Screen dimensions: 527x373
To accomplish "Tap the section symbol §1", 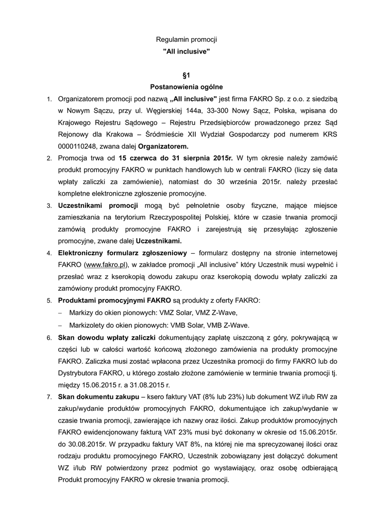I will coord(186,75).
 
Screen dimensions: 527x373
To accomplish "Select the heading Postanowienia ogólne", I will coord(186,87).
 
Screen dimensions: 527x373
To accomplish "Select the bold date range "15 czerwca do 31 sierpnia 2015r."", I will coord(175,158).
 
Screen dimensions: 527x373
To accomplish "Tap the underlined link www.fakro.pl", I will coord(106,265).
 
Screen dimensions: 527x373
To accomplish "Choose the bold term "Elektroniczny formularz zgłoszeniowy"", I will coord(123,253).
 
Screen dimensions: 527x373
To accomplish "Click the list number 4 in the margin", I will coord(49,253).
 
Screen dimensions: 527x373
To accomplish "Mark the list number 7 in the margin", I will coord(49,397).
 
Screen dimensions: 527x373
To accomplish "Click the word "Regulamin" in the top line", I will coord(171,40).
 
